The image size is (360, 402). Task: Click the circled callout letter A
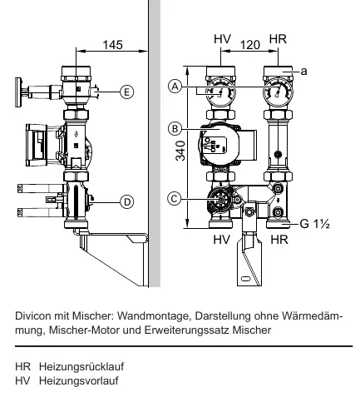(x=175, y=87)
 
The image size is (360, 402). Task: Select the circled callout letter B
(x=175, y=129)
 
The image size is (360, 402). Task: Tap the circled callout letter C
(x=175, y=199)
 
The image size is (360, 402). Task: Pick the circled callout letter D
(x=127, y=202)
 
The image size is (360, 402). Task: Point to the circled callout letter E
(x=126, y=92)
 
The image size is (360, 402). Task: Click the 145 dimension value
(x=112, y=45)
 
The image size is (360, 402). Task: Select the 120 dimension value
(x=250, y=45)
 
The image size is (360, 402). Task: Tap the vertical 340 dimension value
(x=180, y=151)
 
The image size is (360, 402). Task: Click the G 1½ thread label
(x=315, y=224)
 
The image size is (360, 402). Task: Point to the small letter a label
(x=304, y=72)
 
